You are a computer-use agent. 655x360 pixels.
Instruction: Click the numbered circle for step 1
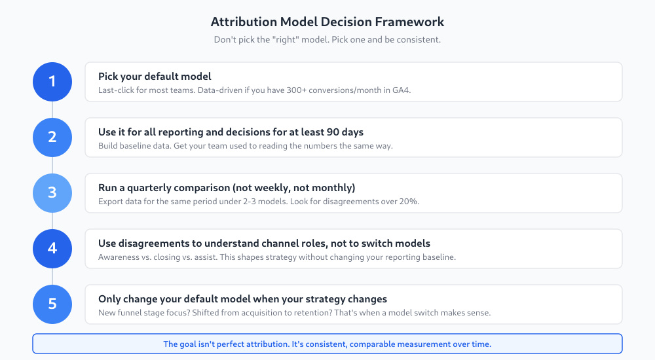[52, 82]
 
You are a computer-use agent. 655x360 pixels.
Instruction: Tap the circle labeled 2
[52, 137]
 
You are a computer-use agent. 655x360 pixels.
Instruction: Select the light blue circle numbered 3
[52, 193]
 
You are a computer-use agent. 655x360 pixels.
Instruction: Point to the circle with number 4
[52, 249]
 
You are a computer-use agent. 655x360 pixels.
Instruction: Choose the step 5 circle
[52, 304]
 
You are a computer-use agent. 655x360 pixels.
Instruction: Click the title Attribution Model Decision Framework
[327, 22]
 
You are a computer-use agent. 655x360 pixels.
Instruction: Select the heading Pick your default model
[155, 77]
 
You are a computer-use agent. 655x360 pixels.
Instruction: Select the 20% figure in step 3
[407, 202]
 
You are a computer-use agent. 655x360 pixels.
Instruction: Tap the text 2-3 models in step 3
[265, 202]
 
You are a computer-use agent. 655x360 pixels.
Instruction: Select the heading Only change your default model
[242, 299]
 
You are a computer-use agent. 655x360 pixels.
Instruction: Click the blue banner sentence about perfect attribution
[327, 344]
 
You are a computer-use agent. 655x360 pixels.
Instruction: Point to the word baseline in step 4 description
[439, 257]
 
